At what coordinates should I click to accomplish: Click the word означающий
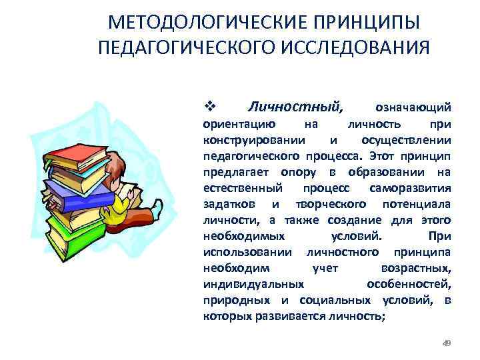tap(413, 107)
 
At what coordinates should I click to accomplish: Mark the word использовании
tap(247, 251)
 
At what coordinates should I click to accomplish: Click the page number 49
tap(447, 343)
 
